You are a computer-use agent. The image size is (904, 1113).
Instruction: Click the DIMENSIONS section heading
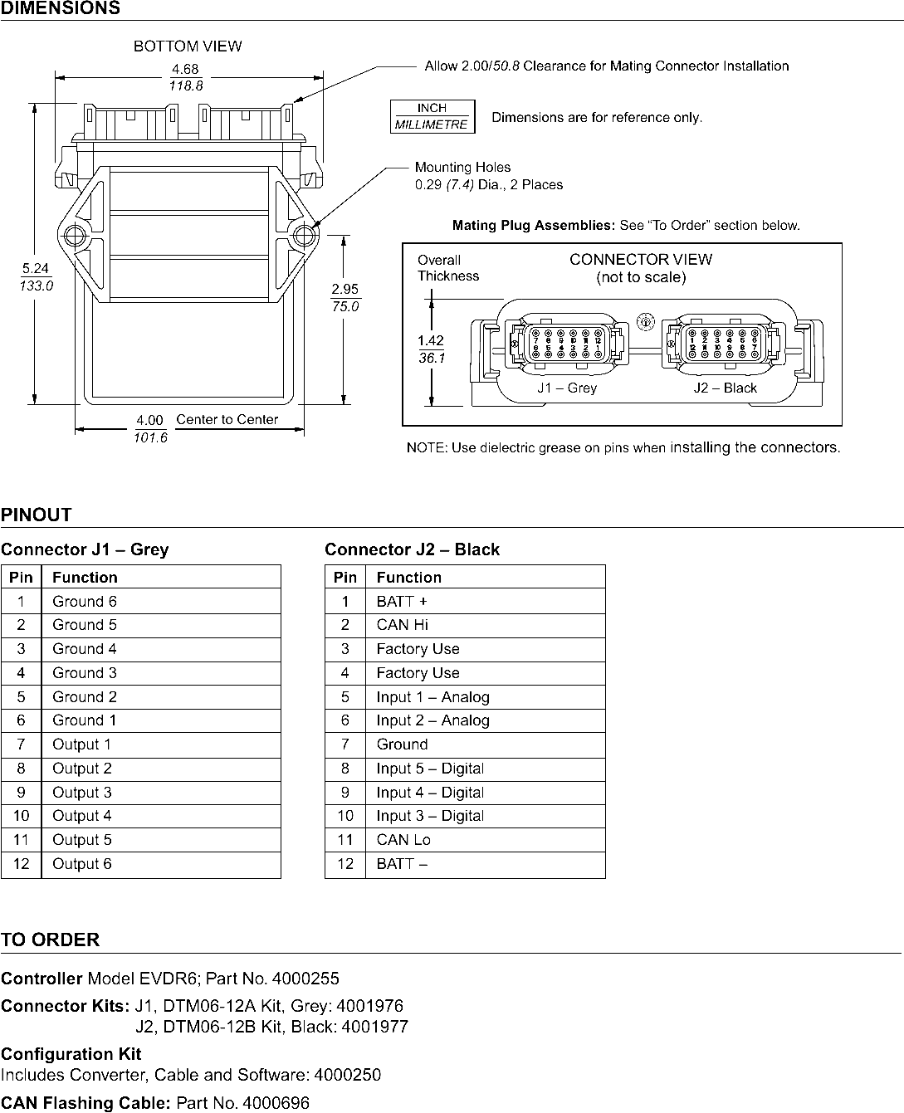[x=60, y=8]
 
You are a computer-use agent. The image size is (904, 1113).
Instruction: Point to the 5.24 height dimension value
[x=36, y=268]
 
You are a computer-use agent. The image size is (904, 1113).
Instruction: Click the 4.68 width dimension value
[x=185, y=70]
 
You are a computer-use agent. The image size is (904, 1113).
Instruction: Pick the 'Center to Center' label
[x=227, y=420]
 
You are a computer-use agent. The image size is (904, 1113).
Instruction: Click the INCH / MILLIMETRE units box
[x=432, y=116]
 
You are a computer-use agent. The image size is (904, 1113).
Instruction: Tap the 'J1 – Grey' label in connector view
[x=567, y=388]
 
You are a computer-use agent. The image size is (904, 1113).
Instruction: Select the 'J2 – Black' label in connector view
[x=725, y=388]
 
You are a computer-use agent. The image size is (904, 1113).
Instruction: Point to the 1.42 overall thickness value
[x=431, y=340]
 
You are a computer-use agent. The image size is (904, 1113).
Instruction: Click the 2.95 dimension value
[x=344, y=290]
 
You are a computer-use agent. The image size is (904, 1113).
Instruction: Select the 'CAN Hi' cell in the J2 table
[x=403, y=625]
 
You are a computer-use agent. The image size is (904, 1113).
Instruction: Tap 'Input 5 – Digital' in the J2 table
[x=430, y=769]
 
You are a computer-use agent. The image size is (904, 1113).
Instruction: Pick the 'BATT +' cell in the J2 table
[x=402, y=601]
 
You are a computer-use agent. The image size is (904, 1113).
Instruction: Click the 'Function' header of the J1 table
[x=85, y=577]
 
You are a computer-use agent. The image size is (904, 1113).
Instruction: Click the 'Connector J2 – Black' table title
[x=413, y=549]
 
